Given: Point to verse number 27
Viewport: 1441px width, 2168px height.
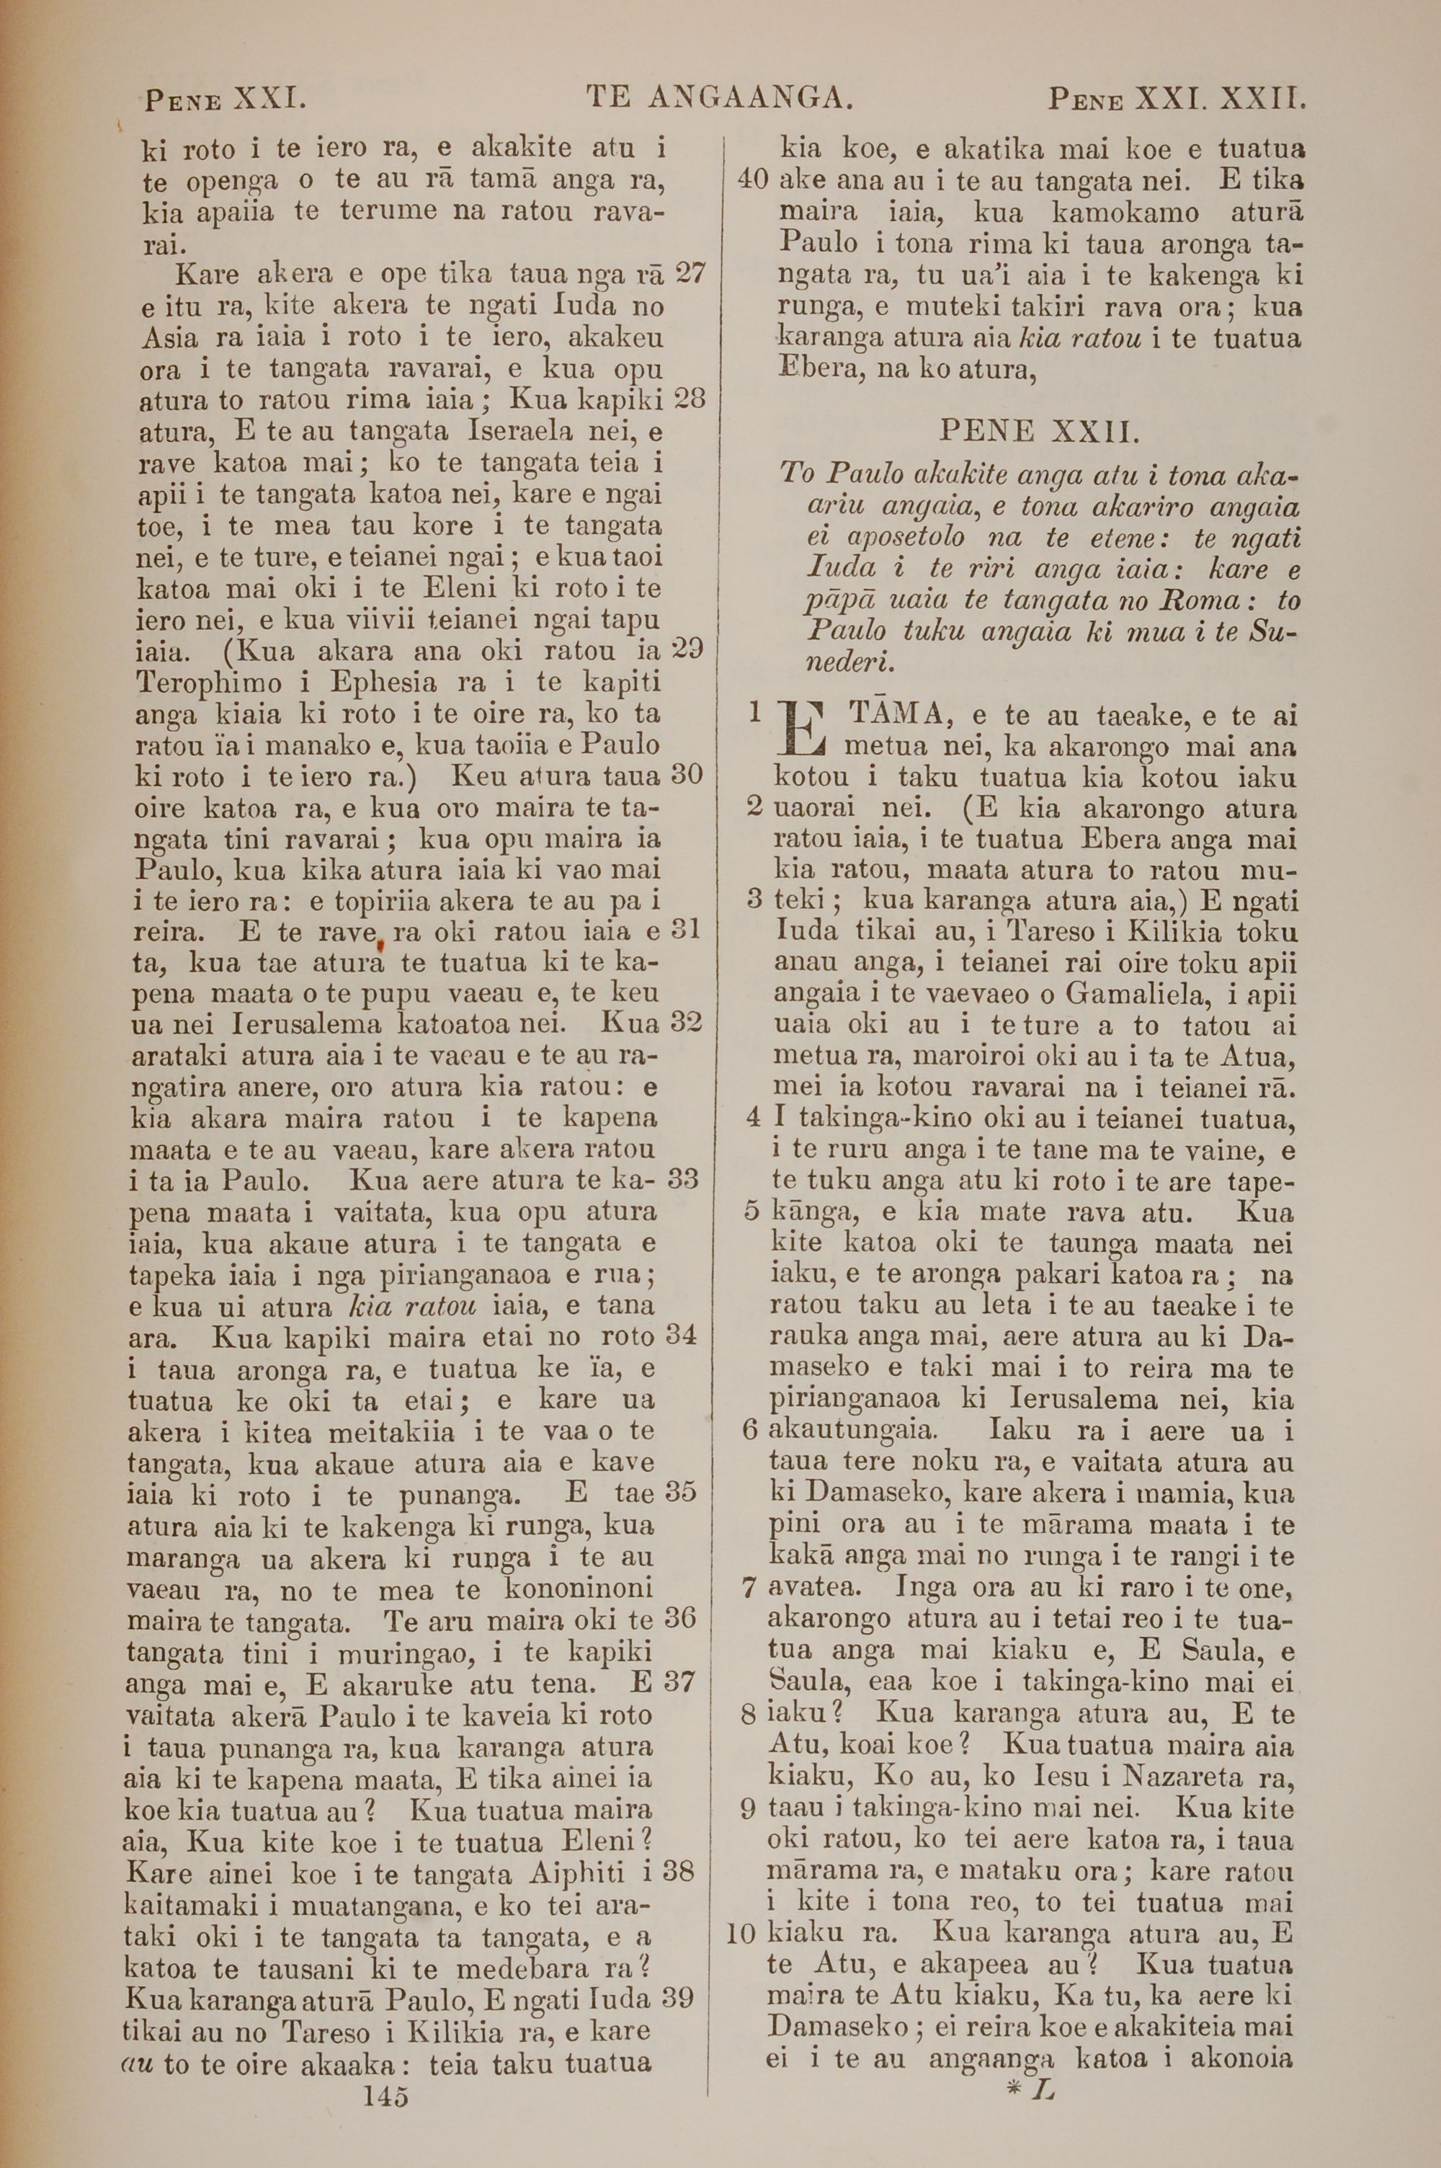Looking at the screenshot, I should pyautogui.click(x=690, y=273).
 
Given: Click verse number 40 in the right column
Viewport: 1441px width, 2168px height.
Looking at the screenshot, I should pyautogui.click(x=754, y=179).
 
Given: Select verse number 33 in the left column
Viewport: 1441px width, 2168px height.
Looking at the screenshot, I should pyautogui.click(x=682, y=1179).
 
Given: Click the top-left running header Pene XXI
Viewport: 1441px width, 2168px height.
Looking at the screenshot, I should pyautogui.click(x=223, y=97).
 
